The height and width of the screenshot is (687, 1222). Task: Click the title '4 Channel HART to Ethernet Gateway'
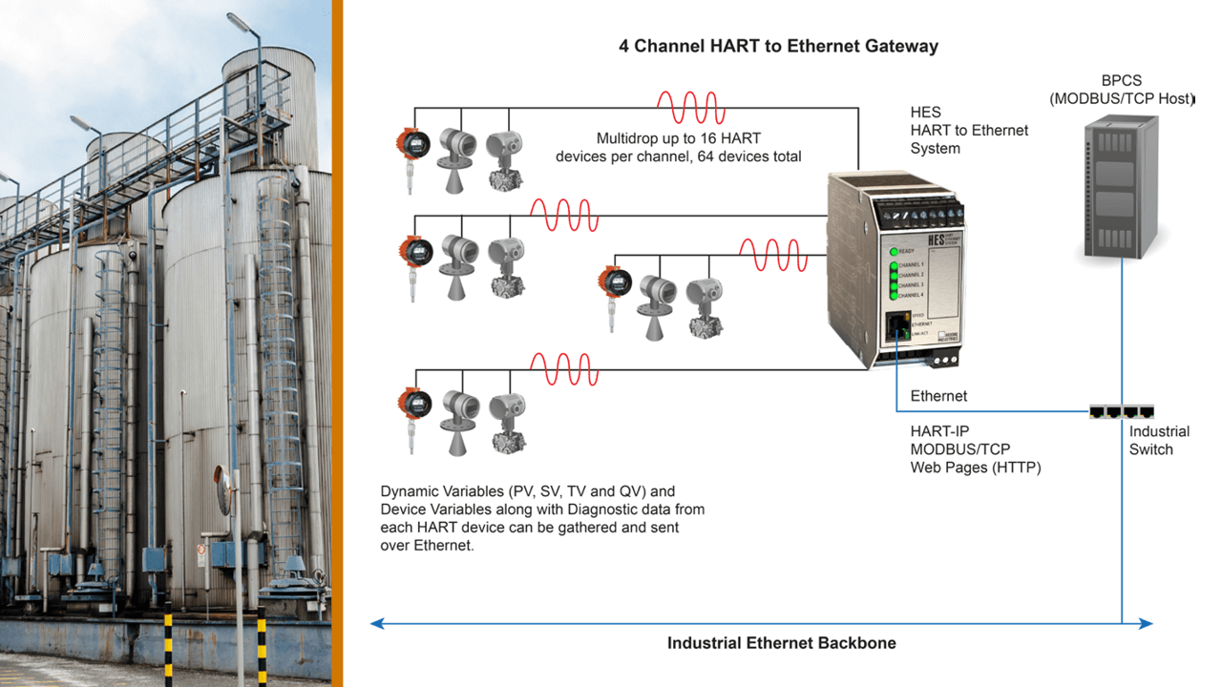click(778, 46)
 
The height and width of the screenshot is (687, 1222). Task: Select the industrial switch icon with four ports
click(1121, 412)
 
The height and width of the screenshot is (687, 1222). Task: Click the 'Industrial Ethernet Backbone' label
click(781, 643)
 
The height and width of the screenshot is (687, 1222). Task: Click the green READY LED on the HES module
click(893, 250)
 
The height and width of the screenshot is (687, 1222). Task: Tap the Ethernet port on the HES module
click(896, 327)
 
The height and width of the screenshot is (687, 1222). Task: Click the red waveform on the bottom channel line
click(564, 369)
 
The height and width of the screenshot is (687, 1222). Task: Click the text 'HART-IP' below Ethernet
click(939, 431)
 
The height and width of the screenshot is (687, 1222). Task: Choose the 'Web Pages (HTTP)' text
click(975, 468)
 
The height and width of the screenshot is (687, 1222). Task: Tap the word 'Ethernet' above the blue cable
click(938, 396)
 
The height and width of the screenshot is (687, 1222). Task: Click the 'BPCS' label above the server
click(1120, 80)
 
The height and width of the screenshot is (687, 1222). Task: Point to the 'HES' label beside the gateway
click(925, 113)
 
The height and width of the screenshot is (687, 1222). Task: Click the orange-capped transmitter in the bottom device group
click(411, 408)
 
